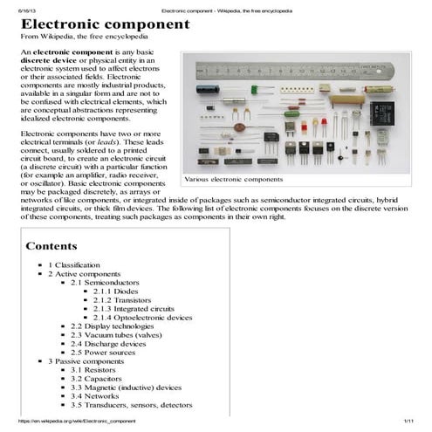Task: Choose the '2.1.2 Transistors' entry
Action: pos(128,300)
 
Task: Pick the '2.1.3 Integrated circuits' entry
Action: pos(142,309)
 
